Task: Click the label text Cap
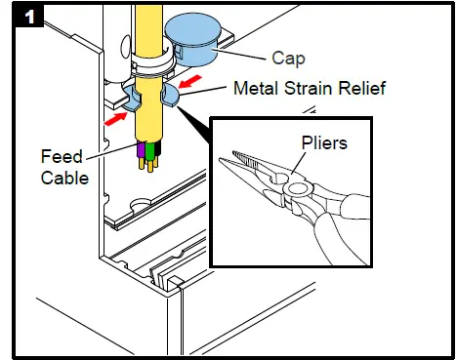pyautogui.click(x=283, y=60)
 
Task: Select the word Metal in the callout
pyautogui.click(x=256, y=89)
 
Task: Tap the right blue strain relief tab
pyautogui.click(x=175, y=94)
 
